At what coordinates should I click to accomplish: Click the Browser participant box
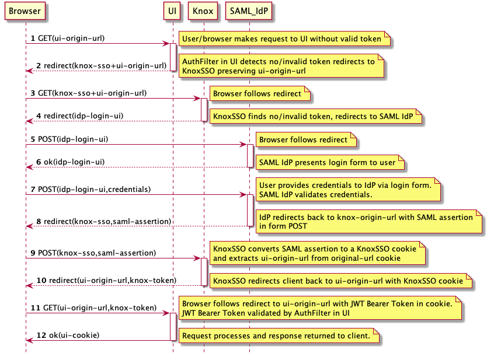25,11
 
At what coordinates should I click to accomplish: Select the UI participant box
172,11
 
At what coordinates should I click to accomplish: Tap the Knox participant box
204,11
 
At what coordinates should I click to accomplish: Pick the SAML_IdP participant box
249,11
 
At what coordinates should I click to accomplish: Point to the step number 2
39,65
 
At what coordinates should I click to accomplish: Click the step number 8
39,221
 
